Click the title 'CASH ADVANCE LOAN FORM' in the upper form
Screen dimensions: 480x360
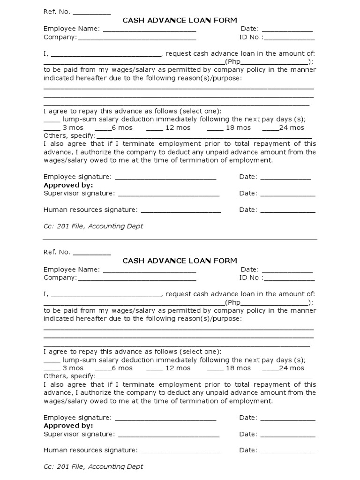[180, 20]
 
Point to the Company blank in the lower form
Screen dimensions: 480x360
[137, 278]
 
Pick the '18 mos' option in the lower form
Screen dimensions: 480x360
[238, 368]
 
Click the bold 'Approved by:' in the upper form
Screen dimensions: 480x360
[68, 185]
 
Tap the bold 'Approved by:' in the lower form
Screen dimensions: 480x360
[68, 426]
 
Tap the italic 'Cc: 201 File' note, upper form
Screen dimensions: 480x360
[93, 226]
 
